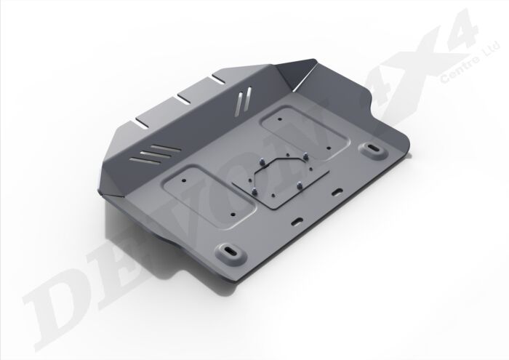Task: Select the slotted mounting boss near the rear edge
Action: point(374,151)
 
